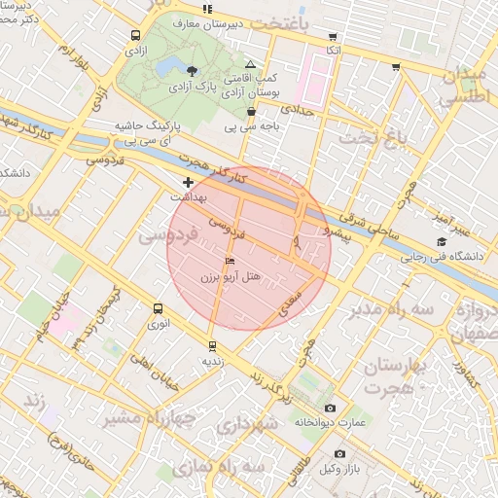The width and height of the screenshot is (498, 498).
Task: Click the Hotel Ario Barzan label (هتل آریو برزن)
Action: (x=231, y=277)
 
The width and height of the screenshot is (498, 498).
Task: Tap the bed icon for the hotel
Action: (x=230, y=262)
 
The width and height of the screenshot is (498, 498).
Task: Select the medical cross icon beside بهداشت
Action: (x=188, y=182)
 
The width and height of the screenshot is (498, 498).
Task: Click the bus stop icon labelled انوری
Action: (x=158, y=308)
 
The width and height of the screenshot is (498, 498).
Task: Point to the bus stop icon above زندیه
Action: (x=212, y=345)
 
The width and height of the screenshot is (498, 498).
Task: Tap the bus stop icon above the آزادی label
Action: (x=133, y=35)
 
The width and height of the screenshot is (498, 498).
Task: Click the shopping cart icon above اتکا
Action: (x=333, y=36)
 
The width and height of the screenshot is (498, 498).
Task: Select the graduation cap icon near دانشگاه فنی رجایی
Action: (x=442, y=242)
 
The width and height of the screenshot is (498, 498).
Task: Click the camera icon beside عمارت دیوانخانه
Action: (x=330, y=408)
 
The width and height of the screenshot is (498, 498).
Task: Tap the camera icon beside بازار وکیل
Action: (x=339, y=453)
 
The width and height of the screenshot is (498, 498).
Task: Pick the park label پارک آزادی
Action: (x=193, y=88)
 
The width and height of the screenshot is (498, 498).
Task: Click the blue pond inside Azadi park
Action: (x=166, y=65)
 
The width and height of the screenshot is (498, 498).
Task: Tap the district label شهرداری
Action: (x=244, y=425)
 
